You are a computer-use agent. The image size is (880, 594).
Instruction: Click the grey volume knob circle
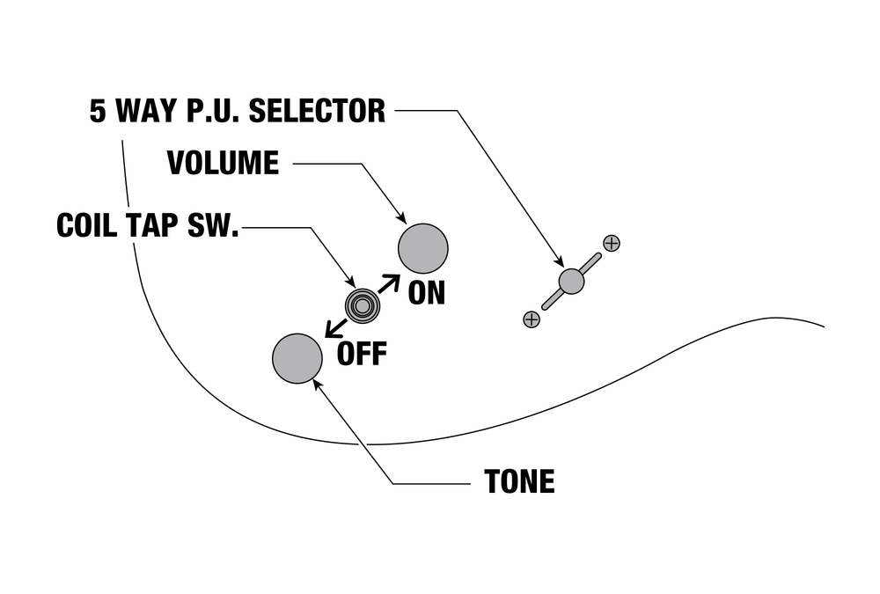click(x=423, y=247)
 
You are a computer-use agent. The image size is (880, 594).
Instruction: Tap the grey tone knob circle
click(x=297, y=359)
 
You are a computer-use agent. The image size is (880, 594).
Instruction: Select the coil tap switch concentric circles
click(x=362, y=305)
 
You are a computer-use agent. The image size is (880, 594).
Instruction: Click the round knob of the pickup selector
click(x=571, y=281)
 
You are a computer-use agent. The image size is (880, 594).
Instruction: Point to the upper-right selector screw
click(x=612, y=243)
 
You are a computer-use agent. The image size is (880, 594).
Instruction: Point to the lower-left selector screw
click(x=531, y=319)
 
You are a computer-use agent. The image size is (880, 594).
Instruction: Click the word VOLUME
click(x=223, y=163)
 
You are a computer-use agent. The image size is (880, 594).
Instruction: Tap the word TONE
click(x=519, y=482)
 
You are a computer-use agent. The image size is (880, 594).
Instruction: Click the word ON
click(x=427, y=293)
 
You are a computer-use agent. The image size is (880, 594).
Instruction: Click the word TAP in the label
click(x=152, y=225)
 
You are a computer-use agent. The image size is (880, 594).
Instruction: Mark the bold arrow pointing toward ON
click(x=389, y=283)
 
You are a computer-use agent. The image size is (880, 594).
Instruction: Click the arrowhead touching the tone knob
click(x=317, y=384)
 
